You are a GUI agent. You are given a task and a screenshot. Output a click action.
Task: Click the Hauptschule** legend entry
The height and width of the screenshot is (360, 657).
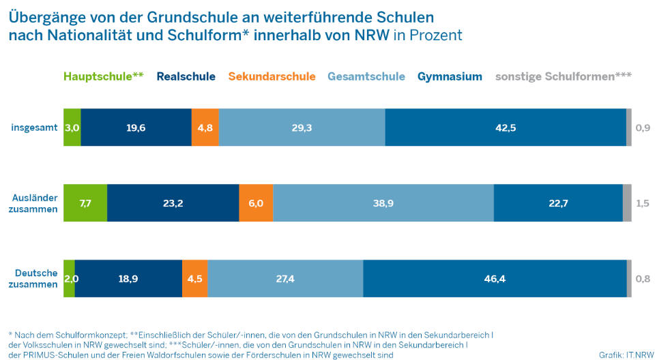[x=103, y=77]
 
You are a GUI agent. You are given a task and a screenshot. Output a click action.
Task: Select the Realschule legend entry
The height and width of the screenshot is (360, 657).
[x=186, y=77]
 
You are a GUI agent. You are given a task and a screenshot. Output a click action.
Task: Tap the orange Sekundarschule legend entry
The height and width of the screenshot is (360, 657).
[x=272, y=77]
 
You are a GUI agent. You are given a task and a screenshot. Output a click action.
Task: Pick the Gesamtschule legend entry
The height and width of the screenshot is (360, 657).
[x=366, y=77]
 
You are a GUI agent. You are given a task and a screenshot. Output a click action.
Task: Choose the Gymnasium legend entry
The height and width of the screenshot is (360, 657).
[x=450, y=77]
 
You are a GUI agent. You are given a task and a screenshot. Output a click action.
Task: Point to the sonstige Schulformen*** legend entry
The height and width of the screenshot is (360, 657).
[x=564, y=77]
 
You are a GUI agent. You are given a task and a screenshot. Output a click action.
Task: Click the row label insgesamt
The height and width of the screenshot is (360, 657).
[x=34, y=127]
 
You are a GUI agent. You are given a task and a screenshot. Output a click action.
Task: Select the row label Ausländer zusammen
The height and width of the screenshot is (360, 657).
[x=35, y=203]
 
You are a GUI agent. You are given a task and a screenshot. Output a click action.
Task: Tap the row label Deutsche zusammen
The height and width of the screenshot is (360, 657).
[x=36, y=279]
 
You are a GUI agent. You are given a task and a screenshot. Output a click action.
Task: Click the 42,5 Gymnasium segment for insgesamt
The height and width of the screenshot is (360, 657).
[x=506, y=127]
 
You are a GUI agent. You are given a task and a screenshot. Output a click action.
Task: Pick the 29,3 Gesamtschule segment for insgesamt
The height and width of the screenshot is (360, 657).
[x=302, y=127]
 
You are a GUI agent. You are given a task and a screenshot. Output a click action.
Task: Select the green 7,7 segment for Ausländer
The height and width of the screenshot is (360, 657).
[x=85, y=203]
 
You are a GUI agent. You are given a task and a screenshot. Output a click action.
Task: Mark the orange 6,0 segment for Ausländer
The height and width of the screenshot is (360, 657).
[x=256, y=203]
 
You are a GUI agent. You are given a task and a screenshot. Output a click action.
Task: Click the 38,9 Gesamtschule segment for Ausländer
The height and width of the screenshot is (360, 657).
[x=383, y=203]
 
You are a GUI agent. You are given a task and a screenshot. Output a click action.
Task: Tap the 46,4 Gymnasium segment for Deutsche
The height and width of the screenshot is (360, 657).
[x=495, y=279]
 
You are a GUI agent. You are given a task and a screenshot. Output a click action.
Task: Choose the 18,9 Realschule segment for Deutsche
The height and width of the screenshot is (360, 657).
[x=128, y=279]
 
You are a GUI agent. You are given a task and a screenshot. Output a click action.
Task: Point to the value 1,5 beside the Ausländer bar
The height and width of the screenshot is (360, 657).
[x=643, y=203]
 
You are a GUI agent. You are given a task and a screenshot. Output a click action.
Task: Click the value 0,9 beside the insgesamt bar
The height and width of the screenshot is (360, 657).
[x=643, y=127]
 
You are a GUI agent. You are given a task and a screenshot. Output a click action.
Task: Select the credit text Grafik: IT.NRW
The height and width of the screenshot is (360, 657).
[x=624, y=355]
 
